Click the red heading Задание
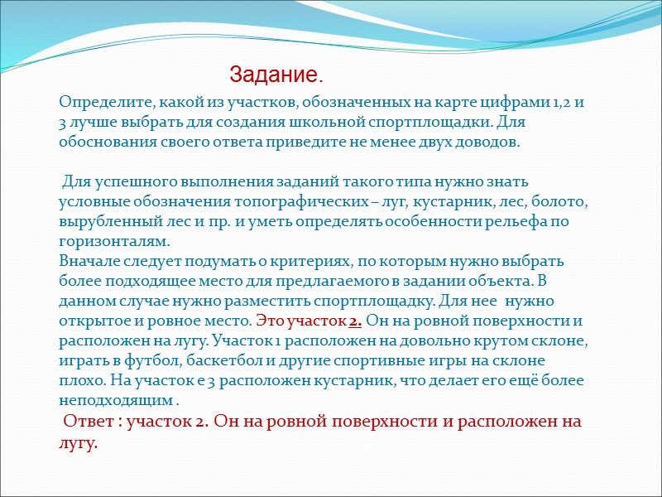[x=276, y=75]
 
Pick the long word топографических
[x=297, y=201]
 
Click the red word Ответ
[x=89, y=422]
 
